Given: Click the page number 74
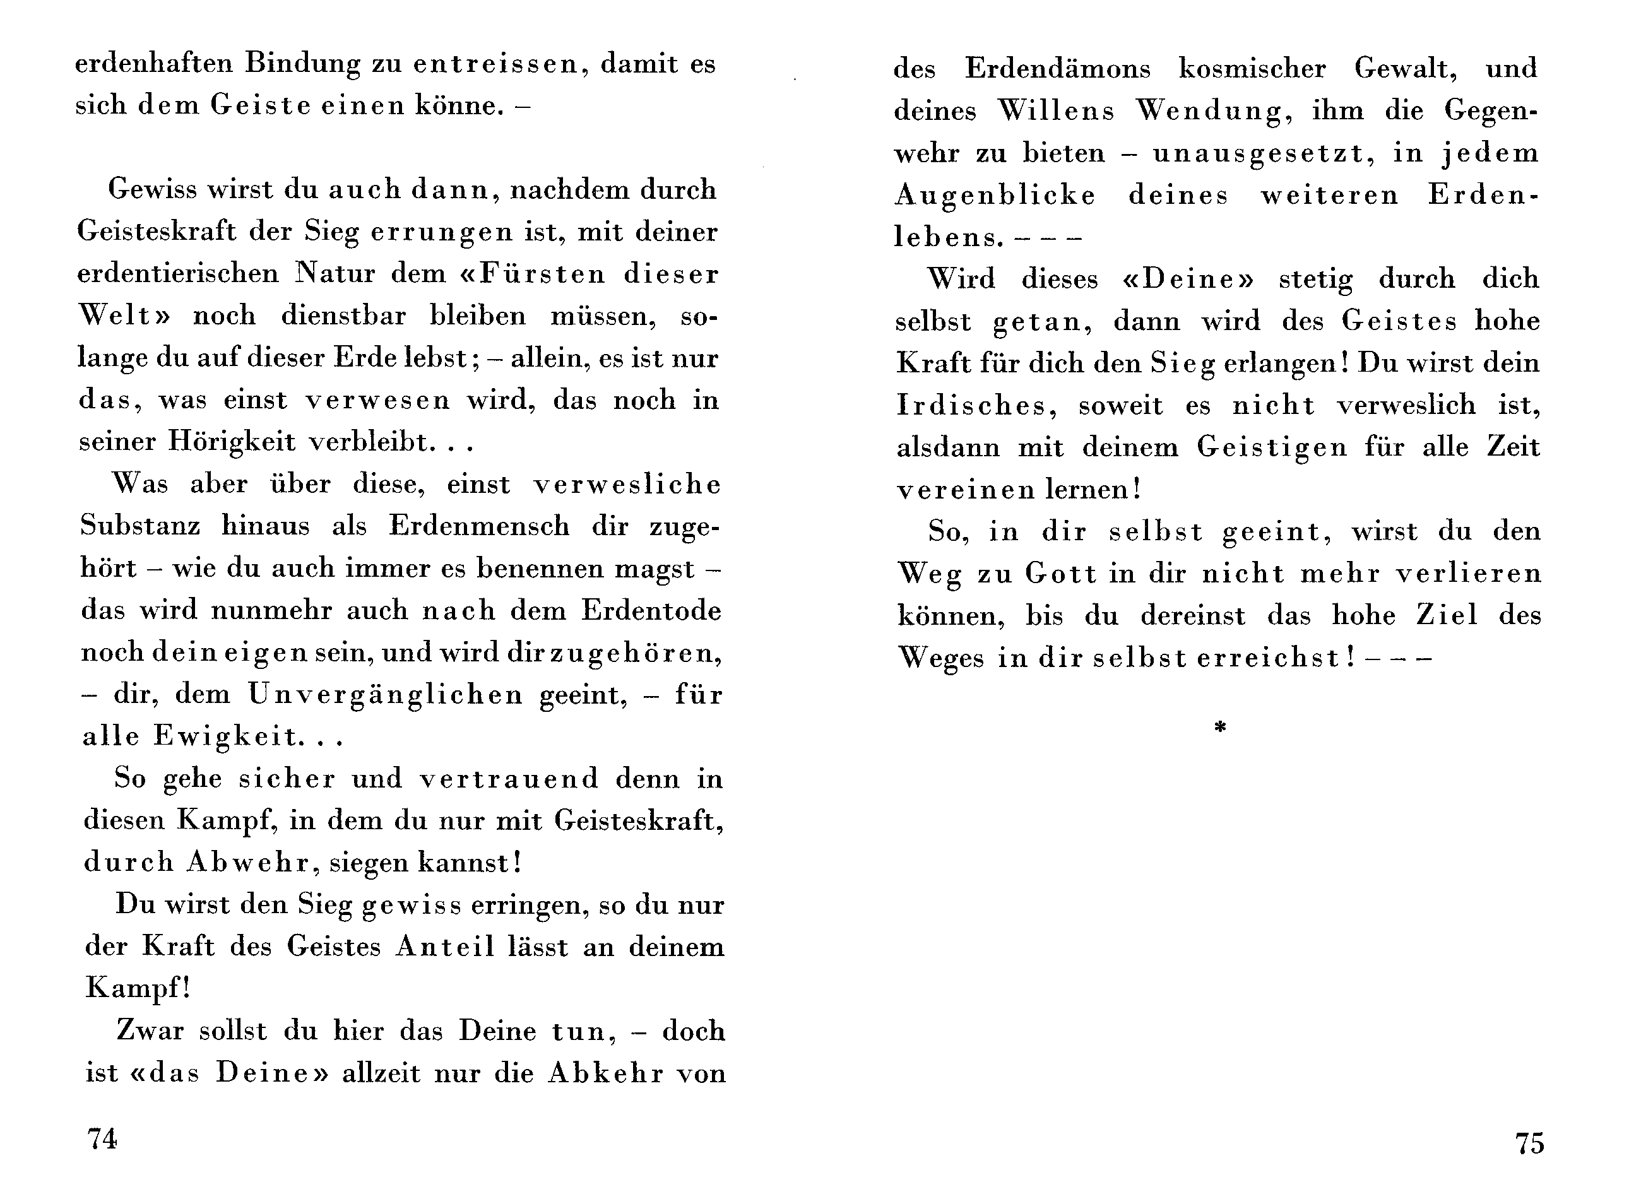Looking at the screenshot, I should [x=102, y=1139].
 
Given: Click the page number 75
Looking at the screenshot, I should [x=1529, y=1143].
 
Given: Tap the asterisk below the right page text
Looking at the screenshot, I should [x=1220, y=727].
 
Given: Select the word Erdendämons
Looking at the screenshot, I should [x=1057, y=69].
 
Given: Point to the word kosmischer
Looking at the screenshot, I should [x=1252, y=69].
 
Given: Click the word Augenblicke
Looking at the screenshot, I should [x=995, y=197].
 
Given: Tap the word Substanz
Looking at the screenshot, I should [x=140, y=526].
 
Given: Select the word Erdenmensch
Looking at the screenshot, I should [x=479, y=526].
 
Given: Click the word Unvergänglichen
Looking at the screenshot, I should [x=386, y=695].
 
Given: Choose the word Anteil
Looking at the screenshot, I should [x=444, y=947].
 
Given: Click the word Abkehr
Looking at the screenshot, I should [x=605, y=1073].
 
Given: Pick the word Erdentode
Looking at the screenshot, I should [x=651, y=610].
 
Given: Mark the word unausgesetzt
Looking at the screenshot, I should [x=1259, y=154].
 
